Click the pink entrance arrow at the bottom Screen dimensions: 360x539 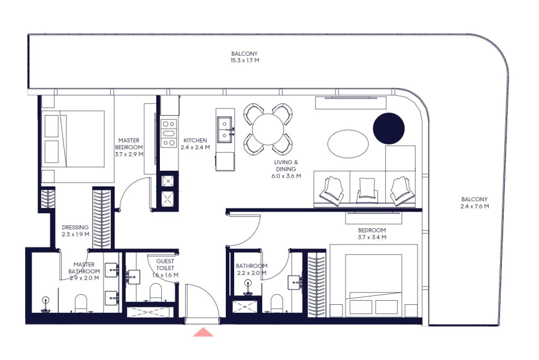pyautogui.click(x=203, y=332)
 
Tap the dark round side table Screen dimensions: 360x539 pyautogui.click(x=389, y=128)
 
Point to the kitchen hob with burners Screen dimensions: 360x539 pyautogui.click(x=169, y=131)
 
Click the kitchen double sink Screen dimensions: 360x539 pyautogui.click(x=226, y=130)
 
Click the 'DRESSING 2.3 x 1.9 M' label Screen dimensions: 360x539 pyautogui.click(x=75, y=231)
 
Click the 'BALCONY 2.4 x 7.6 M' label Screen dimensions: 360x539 pyautogui.click(x=474, y=203)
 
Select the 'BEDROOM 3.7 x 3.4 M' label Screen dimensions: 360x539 pyautogui.click(x=372, y=234)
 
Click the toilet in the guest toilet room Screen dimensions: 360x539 pyautogui.click(x=156, y=292)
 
